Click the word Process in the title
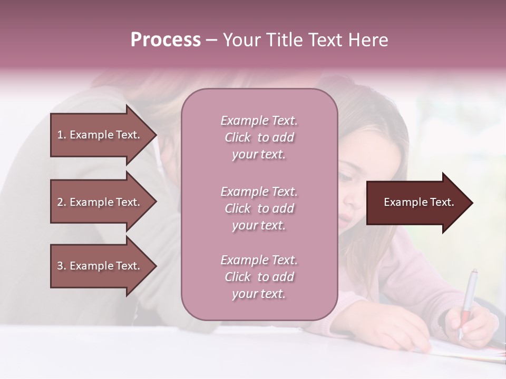[166, 40]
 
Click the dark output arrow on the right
[416, 203]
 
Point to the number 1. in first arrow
[62, 135]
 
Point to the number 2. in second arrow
[62, 202]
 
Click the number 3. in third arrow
[62, 266]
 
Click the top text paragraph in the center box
[259, 137]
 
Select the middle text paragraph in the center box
[259, 208]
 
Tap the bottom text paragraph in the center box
[259, 277]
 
